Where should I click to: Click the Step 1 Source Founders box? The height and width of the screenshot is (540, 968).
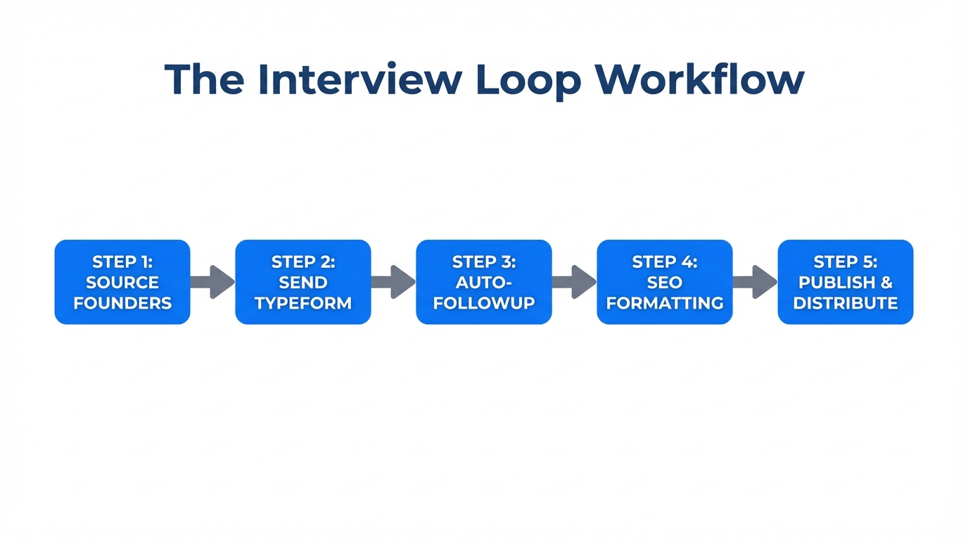[122, 282]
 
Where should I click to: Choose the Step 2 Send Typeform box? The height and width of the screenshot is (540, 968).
[303, 282]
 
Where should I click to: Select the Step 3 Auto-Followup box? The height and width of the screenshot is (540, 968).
[484, 282]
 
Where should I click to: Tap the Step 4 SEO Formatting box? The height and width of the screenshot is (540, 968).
[665, 282]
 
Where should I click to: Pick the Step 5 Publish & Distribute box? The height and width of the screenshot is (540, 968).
[846, 282]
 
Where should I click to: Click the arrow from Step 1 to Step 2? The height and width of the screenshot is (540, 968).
[212, 282]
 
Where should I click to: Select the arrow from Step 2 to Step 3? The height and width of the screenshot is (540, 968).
[393, 282]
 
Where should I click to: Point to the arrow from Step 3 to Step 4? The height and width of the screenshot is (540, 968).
[574, 282]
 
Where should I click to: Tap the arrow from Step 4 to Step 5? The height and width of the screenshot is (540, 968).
[755, 282]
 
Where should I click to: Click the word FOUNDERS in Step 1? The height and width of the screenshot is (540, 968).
[122, 303]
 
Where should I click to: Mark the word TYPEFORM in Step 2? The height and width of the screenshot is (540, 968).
[303, 303]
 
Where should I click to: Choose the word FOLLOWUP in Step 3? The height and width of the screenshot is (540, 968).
[484, 303]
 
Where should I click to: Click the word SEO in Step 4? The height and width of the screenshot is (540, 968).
[665, 282]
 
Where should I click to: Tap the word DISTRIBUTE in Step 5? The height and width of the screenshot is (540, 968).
[846, 303]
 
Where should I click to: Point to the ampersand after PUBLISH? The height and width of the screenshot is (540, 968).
[886, 282]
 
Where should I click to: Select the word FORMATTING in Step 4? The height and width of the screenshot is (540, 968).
[665, 303]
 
